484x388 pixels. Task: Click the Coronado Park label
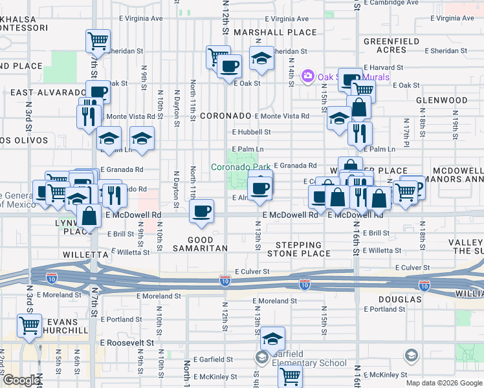[x=241, y=167]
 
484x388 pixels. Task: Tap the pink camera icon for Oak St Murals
[x=308, y=77]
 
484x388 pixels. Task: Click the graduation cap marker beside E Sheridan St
[x=261, y=59]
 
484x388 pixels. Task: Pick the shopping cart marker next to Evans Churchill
[x=29, y=325]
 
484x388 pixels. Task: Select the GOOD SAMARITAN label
[x=200, y=244]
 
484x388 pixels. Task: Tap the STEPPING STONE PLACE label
[x=298, y=250]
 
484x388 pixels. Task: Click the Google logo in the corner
[x=21, y=380]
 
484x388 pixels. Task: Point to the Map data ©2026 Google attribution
[x=444, y=383]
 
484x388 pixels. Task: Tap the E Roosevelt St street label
[x=127, y=343]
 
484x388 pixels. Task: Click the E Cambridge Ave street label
[x=391, y=3]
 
